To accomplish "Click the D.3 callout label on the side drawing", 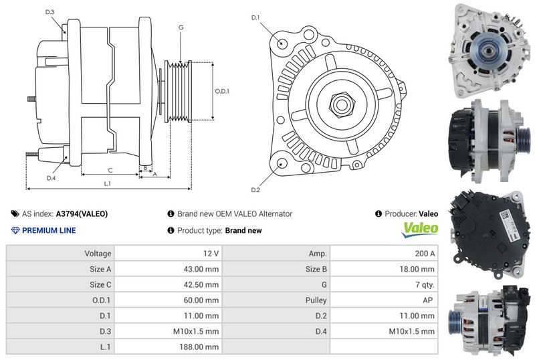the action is tap(49, 12).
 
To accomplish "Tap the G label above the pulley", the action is tap(181, 27).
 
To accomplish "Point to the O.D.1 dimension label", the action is tap(222, 91).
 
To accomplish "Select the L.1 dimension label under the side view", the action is tap(108, 184).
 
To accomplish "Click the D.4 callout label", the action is tap(51, 178).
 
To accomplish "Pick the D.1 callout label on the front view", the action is tap(255, 17).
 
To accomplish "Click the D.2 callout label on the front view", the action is tap(255, 190).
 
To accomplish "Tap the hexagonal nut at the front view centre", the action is tap(342, 104).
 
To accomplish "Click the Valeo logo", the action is tap(420, 230).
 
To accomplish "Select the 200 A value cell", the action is tap(425, 254).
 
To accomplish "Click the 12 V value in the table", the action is tap(211, 254).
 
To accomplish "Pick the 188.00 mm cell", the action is tap(199, 347).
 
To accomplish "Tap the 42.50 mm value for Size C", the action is tap(201, 284).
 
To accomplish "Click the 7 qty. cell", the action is tap(425, 284).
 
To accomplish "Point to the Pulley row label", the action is tap(316, 300).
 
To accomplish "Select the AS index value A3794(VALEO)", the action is tap(82, 214).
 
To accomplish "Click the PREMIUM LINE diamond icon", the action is tap(15, 230).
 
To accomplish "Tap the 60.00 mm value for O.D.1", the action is tap(201, 300).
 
